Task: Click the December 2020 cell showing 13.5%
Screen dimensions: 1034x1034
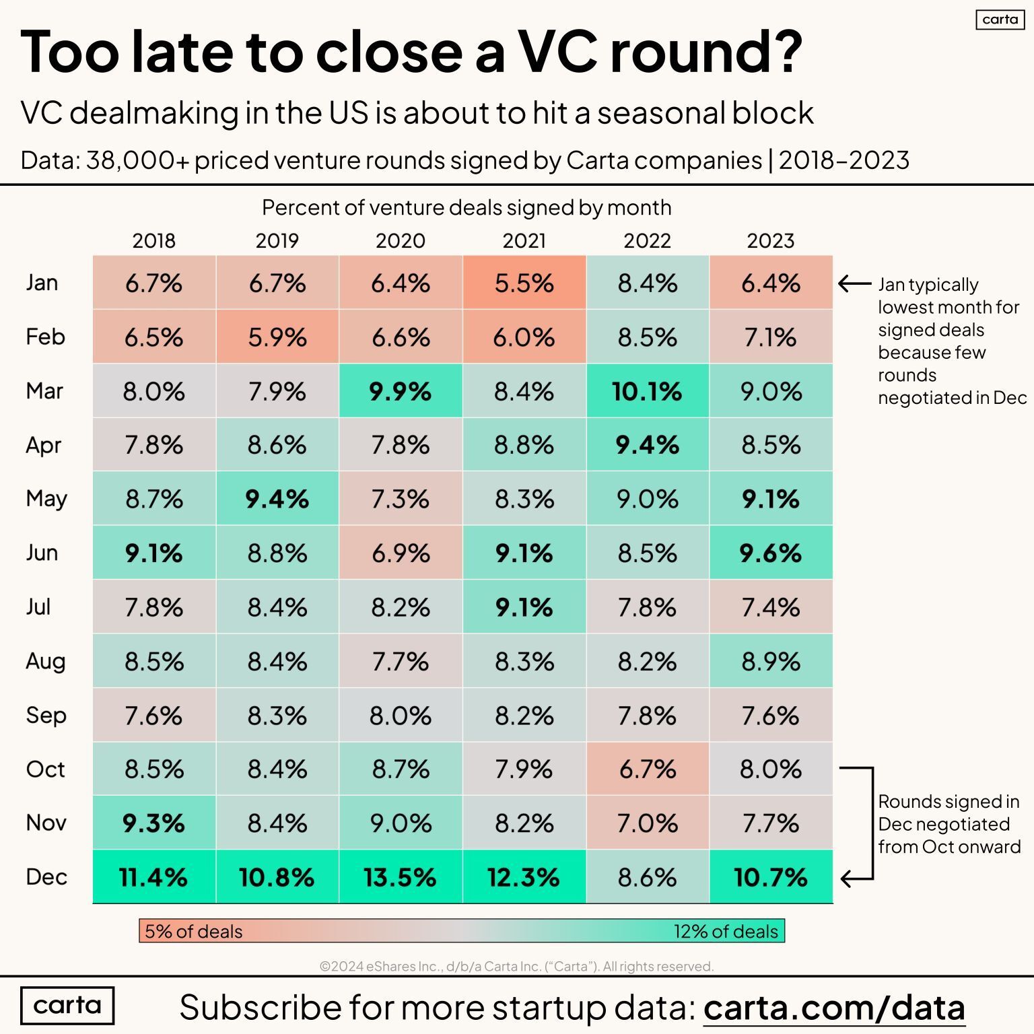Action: point(401,877)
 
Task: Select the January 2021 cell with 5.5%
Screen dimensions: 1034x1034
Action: point(524,283)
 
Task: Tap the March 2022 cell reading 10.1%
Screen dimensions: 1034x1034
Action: point(647,391)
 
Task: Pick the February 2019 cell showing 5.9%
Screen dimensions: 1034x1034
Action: point(277,337)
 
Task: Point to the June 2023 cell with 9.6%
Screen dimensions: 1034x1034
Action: point(771,553)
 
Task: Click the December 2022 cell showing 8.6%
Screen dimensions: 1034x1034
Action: point(647,877)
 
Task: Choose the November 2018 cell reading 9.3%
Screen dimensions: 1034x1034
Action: point(153,823)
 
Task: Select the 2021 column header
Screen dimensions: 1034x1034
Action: point(524,241)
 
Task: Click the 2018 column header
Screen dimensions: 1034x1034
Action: point(153,241)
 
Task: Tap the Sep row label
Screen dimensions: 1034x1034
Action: point(46,715)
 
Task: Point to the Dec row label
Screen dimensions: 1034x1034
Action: point(46,877)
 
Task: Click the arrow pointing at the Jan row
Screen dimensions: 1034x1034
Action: point(854,284)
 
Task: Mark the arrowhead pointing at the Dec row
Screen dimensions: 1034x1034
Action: point(847,878)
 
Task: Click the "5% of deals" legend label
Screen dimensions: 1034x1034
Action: point(193,932)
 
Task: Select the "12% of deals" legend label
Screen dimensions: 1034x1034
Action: point(726,932)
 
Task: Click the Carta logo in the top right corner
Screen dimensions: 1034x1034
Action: point(1000,20)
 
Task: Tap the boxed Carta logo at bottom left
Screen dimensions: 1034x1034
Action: point(67,1006)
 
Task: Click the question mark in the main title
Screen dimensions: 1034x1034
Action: point(784,53)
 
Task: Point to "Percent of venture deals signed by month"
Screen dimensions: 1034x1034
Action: point(467,207)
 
